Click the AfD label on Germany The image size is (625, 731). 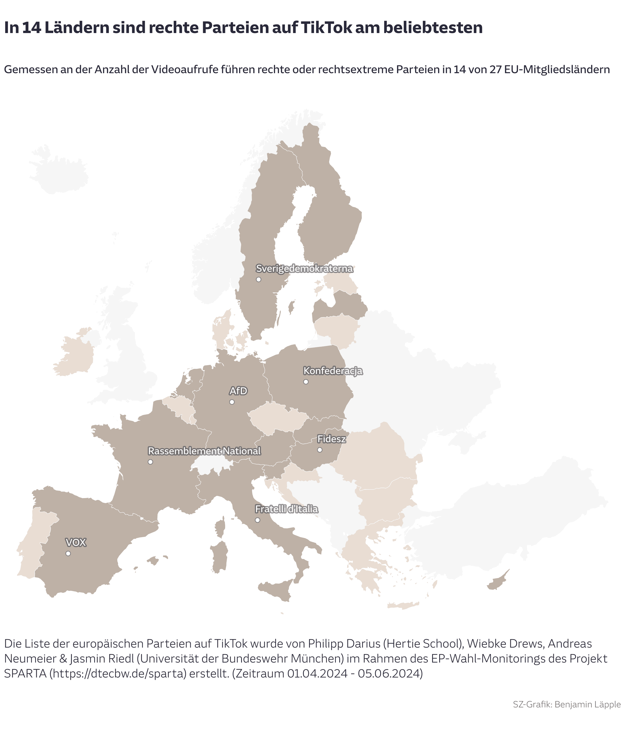tap(238, 391)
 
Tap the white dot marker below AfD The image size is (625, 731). tap(232, 402)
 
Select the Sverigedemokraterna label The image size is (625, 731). tap(304, 269)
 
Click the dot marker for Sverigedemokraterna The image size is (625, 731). tap(258, 279)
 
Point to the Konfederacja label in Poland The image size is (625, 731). tap(333, 371)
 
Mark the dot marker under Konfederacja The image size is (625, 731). tap(306, 382)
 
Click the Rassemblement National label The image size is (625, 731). tap(204, 451)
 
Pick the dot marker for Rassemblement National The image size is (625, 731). tap(150, 462)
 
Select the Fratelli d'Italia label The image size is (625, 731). tap(287, 509)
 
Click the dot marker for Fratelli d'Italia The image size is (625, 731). tap(258, 520)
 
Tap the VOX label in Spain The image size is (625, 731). tap(76, 542)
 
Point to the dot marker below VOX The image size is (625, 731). tap(68, 553)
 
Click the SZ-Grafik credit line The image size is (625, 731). tap(566, 711)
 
